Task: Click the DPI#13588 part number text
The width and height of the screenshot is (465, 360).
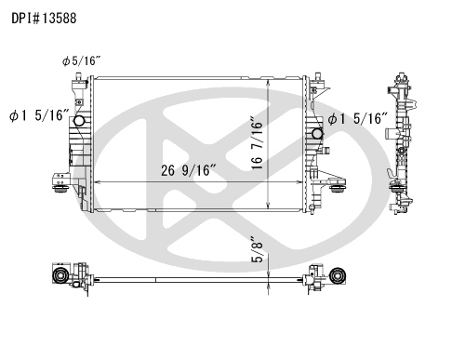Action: pyautogui.click(x=44, y=19)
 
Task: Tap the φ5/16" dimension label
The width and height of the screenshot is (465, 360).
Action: pyautogui.click(x=82, y=61)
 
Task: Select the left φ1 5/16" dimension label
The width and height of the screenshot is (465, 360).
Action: pyautogui.click(x=39, y=116)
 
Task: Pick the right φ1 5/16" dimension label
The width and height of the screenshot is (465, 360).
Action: pyautogui.click(x=358, y=118)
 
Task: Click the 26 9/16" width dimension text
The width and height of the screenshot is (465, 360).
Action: pyautogui.click(x=189, y=170)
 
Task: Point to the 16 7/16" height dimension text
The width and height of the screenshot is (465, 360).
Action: pyautogui.click(x=257, y=143)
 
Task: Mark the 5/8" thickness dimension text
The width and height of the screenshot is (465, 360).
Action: pyautogui.click(x=257, y=250)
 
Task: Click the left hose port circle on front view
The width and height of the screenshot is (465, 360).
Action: pyautogui.click(x=79, y=121)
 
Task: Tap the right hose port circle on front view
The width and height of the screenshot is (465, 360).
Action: pyautogui.click(x=317, y=134)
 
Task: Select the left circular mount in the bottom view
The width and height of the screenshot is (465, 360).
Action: pyautogui.click(x=60, y=274)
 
